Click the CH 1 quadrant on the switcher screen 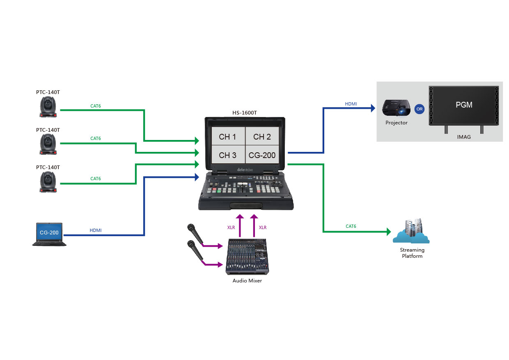[x=227, y=137]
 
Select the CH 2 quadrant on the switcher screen [x=262, y=137]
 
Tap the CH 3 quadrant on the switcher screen [x=227, y=155]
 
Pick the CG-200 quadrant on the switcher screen [x=262, y=155]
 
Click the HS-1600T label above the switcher [x=245, y=112]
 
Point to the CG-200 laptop [x=49, y=234]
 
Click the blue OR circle [x=419, y=110]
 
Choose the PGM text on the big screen [x=464, y=105]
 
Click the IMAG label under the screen [x=464, y=137]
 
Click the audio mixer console [x=248, y=257]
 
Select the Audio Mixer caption [x=247, y=281]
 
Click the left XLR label [x=231, y=227]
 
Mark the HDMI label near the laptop [x=95, y=231]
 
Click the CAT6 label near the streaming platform [x=351, y=226]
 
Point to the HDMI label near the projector [x=351, y=104]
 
